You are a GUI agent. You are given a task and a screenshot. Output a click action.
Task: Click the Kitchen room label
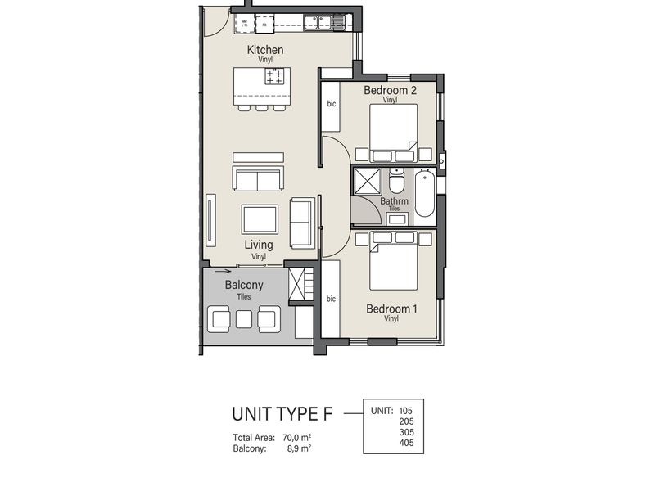pos(265,50)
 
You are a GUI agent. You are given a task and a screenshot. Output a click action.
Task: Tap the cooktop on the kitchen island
pos(274,77)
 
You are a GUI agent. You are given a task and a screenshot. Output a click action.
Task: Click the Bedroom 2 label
pos(390,90)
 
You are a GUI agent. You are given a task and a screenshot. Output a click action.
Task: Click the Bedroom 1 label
pos(391,309)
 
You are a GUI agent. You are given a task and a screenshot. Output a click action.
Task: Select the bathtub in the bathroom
pos(424,194)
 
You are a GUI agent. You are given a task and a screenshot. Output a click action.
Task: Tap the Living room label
pos(259,245)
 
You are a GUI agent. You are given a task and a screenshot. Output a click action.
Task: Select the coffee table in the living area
pos(260,219)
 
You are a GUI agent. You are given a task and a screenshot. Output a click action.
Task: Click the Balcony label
pos(243,285)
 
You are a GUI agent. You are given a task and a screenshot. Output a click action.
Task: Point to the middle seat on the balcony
pos(245,318)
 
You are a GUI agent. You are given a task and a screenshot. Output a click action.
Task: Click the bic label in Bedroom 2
pos(332,104)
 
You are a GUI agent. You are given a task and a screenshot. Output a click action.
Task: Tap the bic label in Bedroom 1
pos(332,299)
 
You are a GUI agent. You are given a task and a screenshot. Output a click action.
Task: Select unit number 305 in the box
pos(405,432)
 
